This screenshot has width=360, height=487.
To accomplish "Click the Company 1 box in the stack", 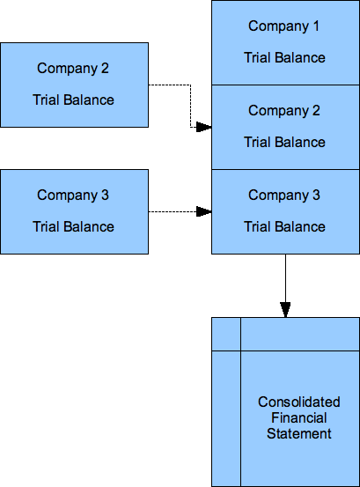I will (284, 42).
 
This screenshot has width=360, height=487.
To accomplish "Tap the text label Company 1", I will (284, 26).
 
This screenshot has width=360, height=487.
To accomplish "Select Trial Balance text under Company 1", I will (284, 58).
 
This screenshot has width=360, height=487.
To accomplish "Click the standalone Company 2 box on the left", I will (74, 85).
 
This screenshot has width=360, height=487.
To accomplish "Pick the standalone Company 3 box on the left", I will (74, 211).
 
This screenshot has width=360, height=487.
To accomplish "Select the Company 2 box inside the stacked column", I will (284, 127).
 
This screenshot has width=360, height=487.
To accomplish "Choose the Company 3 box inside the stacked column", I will (284, 211).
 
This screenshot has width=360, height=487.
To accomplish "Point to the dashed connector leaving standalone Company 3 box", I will (172, 211).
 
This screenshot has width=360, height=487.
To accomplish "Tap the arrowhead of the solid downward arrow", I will (285, 309).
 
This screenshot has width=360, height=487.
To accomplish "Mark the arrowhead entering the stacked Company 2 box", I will (203, 127).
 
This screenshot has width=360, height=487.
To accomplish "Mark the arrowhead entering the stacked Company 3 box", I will (203, 211).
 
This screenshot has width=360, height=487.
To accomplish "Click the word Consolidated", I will (299, 402).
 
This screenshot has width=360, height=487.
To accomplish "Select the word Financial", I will (299, 418).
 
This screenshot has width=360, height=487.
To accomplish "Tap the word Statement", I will (299, 434).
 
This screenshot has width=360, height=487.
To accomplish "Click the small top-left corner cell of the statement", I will (225, 333).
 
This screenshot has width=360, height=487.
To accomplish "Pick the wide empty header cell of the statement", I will (299, 333).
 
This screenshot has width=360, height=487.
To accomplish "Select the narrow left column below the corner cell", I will (225, 417).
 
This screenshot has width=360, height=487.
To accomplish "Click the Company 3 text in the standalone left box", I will (74, 196).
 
